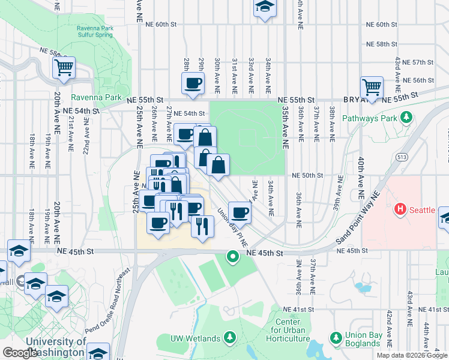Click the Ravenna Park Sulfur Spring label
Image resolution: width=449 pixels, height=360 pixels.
coord(95,32)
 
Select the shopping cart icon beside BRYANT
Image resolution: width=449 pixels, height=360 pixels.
coord(372,88)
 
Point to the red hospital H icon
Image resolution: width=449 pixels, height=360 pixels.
coord(400,210)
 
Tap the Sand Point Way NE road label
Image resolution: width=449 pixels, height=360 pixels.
coord(359,218)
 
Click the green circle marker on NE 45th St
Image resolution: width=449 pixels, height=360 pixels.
coord(233,257)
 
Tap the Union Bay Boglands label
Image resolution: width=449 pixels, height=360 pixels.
coord(371,339)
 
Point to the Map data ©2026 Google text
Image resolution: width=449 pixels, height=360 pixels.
coord(411,355)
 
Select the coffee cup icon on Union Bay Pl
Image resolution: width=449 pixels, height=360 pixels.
coord(240,212)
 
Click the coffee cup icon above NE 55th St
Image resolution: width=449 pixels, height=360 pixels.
coord(193,83)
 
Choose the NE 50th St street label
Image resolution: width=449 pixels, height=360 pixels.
coord(307,175)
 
